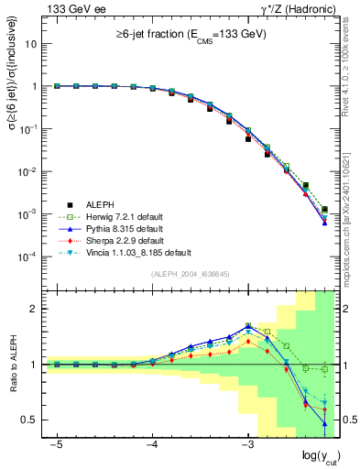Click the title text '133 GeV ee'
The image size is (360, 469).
[65, 8]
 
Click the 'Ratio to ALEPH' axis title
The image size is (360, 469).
[12, 365]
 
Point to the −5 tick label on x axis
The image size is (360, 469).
[57, 444]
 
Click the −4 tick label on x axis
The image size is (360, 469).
[152, 444]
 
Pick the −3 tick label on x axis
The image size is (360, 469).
[246, 444]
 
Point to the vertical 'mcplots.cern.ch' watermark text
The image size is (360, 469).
[349, 220]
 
